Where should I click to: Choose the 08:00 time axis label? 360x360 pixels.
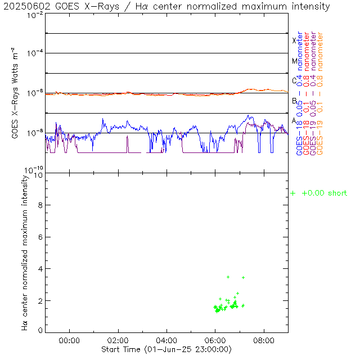(x=264, y=340)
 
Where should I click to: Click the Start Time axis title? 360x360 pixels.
(x=166, y=349)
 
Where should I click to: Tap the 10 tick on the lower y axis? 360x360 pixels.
(x=39, y=175)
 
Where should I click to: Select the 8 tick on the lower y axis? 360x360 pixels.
(x=40, y=205)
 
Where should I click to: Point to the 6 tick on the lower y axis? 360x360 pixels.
(x=40, y=237)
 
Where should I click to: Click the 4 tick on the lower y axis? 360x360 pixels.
(x=40, y=269)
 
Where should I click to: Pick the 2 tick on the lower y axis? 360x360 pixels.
(x=40, y=300)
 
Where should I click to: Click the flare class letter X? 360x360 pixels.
(x=294, y=40)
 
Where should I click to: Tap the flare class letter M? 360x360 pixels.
(x=294, y=61)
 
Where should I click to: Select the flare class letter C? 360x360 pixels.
(x=294, y=80)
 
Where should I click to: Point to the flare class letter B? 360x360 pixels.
(x=294, y=101)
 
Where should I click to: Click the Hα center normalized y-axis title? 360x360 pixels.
(x=25, y=252)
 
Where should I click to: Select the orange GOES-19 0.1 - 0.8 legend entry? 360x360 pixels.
(x=320, y=93)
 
